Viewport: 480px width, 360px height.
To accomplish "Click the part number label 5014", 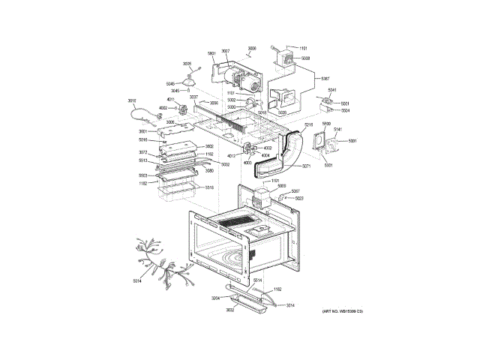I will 137,281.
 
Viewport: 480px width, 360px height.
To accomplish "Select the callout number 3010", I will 132,100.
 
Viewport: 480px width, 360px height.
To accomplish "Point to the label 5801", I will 211,53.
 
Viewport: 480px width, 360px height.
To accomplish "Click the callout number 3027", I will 225,51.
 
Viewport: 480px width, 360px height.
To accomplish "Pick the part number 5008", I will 306,58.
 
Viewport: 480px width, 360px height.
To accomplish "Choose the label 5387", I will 325,79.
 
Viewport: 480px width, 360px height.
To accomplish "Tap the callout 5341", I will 332,90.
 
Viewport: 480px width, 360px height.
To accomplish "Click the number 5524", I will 346,110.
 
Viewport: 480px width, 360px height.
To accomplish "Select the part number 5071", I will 306,165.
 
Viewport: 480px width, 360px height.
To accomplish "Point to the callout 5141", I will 337,130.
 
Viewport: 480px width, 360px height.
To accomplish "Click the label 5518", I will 209,187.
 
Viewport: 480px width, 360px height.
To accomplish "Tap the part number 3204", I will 216,298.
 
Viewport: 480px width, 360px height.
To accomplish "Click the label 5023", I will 299,198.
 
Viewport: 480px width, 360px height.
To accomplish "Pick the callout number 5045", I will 170,83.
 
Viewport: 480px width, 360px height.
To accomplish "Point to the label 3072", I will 142,152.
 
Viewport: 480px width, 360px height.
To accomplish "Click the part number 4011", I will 171,100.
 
